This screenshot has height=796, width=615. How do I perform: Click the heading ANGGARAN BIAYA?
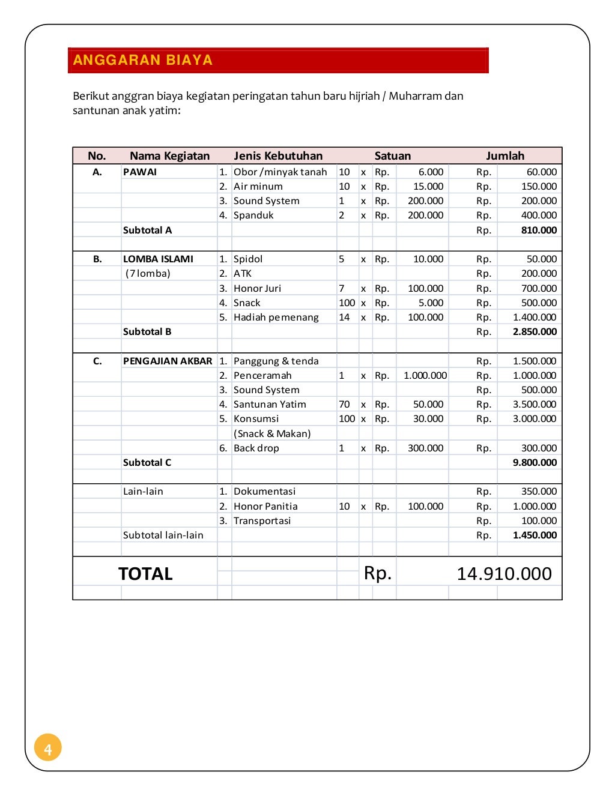click(x=142, y=60)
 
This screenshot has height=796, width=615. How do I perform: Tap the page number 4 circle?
click(x=48, y=748)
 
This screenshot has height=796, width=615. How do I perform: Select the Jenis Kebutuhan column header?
click(x=278, y=156)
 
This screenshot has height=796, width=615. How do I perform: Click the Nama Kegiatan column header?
click(x=169, y=156)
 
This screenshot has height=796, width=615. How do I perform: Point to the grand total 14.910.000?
click(x=504, y=574)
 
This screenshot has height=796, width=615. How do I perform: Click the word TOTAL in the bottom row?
click(x=145, y=574)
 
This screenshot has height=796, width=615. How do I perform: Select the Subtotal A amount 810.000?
click(x=539, y=230)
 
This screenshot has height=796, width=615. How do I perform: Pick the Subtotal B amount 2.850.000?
click(x=535, y=331)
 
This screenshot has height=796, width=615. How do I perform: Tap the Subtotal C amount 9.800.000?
click(x=535, y=462)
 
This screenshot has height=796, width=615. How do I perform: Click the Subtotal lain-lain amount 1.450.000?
click(x=535, y=535)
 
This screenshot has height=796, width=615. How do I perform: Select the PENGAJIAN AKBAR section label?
click(x=168, y=361)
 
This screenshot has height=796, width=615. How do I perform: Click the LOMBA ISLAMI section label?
click(x=158, y=259)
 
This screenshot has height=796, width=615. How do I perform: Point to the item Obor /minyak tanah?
click(x=280, y=172)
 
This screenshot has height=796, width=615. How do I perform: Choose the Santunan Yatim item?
click(x=270, y=404)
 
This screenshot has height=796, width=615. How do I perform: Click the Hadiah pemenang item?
click(x=276, y=317)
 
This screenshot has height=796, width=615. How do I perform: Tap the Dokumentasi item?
click(x=264, y=491)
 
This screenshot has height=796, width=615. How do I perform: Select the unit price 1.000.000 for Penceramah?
click(x=425, y=375)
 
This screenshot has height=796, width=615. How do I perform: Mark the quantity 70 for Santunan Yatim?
click(x=344, y=404)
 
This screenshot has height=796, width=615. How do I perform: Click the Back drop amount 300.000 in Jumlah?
click(x=539, y=448)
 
